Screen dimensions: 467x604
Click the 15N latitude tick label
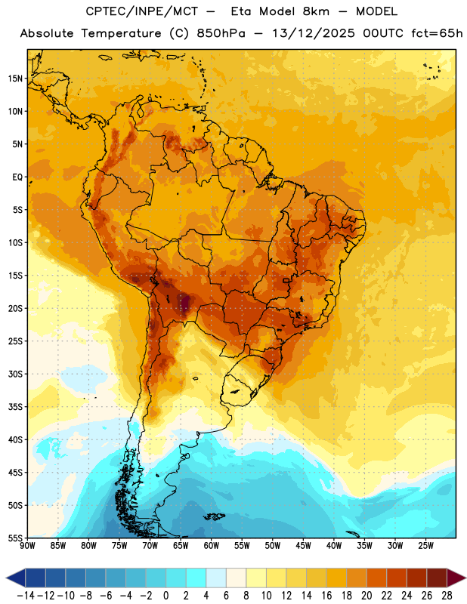tap(15, 79)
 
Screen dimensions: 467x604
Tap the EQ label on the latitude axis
tap(17, 177)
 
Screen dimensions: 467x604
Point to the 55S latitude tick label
tap(15, 538)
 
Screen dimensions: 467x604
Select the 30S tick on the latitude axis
tap(15, 374)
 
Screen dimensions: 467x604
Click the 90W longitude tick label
tap(27, 546)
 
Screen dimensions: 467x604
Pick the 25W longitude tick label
tap(425, 546)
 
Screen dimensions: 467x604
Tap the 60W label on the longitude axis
tap(212, 546)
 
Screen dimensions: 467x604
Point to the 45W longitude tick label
tap(304, 546)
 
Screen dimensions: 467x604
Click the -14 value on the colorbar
tap(26, 596)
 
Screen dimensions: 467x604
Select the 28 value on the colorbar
tap(447, 596)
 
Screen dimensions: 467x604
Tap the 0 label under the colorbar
tap(165, 596)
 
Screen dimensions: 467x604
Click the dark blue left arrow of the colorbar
tap(16, 578)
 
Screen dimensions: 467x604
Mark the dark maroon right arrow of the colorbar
tap(456, 578)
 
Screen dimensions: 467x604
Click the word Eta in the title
tap(241, 11)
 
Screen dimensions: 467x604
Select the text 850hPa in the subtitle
tap(221, 33)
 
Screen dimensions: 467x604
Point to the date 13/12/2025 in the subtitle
tap(313, 33)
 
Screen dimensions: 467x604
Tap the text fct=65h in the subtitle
tap(437, 33)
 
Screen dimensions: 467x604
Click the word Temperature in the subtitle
tap(121, 33)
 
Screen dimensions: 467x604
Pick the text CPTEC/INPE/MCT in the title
tap(142, 11)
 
